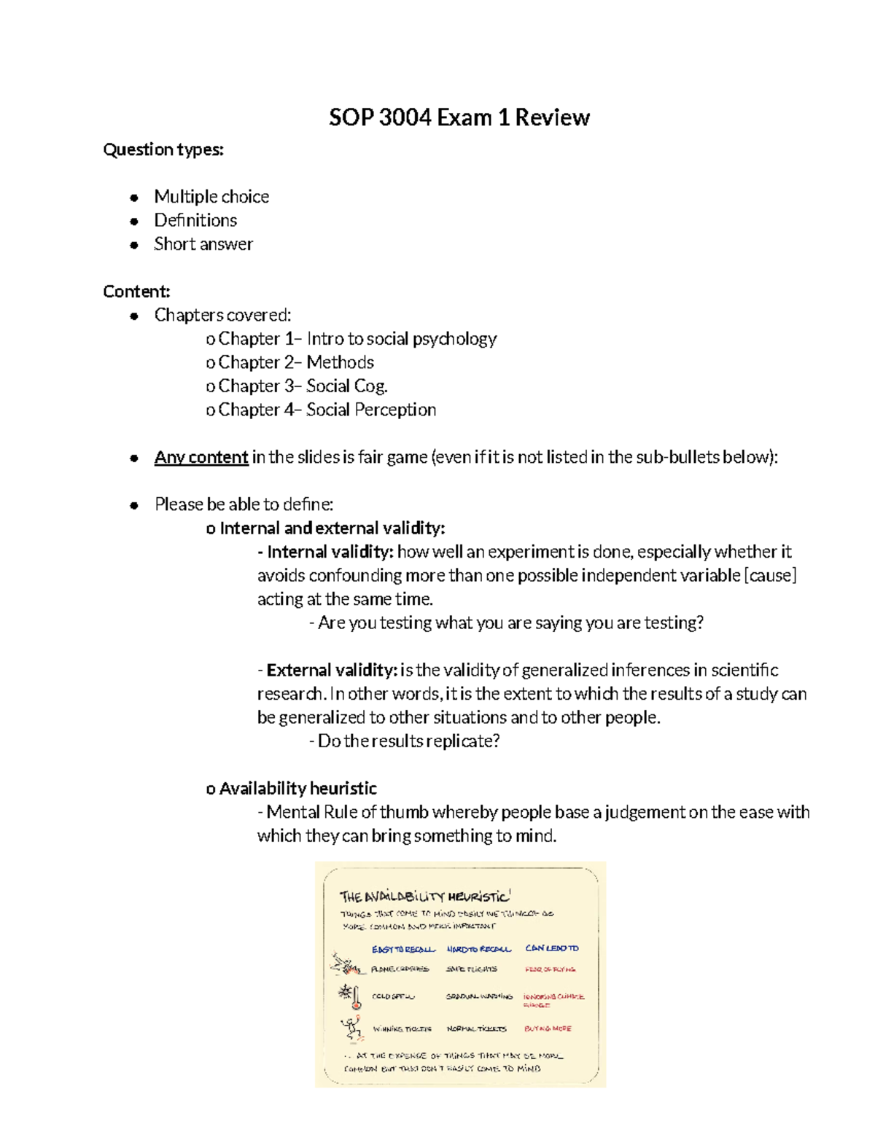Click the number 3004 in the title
click(405, 117)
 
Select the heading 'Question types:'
click(163, 149)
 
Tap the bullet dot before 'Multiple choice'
click(134, 198)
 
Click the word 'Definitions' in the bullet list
click(195, 220)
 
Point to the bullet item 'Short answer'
click(203, 244)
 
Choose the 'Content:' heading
click(136, 292)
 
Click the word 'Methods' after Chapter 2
click(340, 362)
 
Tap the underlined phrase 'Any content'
click(201, 457)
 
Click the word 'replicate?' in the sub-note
click(463, 741)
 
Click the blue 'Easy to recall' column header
click(403, 949)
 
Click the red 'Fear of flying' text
click(550, 969)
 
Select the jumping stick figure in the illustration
click(352, 1028)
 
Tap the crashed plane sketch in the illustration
click(345, 966)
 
